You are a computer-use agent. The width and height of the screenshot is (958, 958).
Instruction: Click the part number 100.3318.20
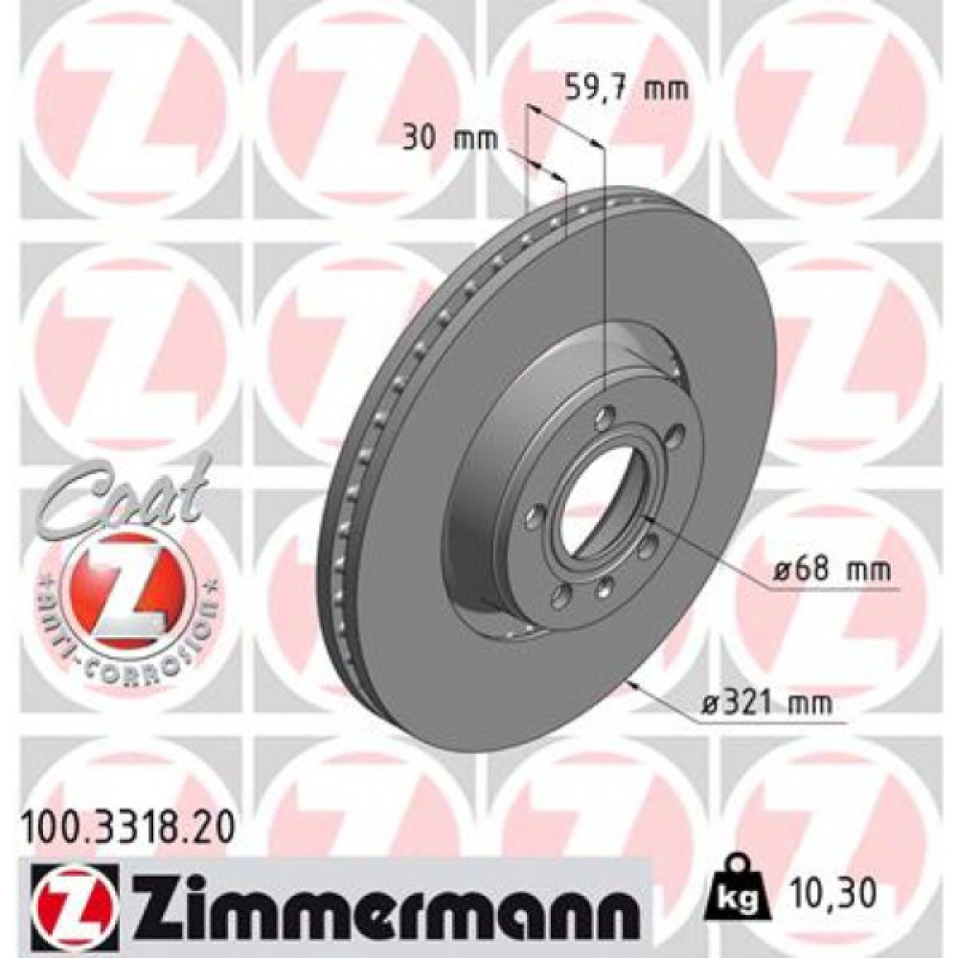pyautogui.click(x=124, y=821)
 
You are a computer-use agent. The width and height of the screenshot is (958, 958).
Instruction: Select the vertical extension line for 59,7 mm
pyautogui.click(x=604, y=268)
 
